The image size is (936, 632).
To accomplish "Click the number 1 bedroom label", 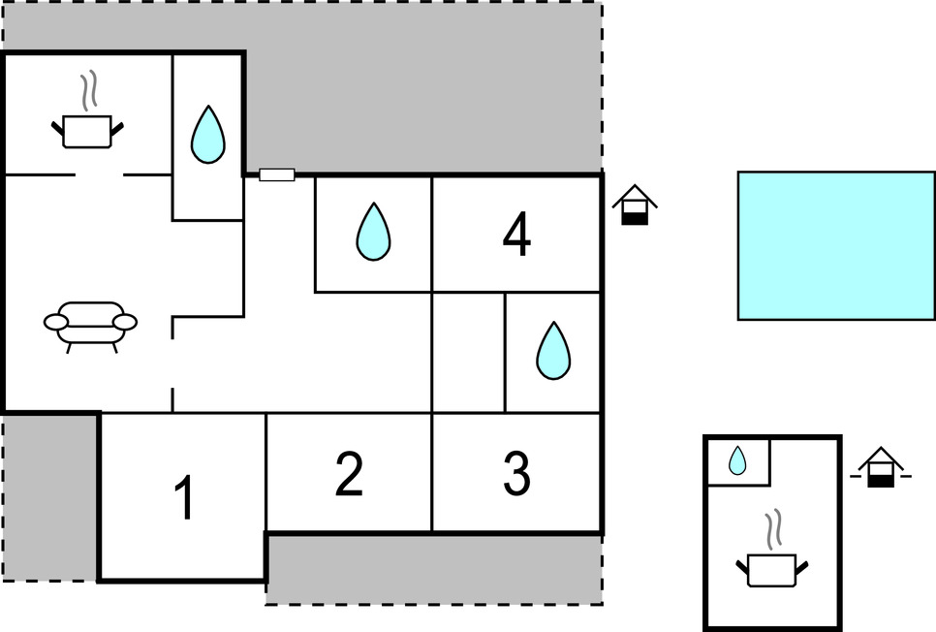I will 183,498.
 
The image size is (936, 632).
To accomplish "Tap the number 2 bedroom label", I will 349,474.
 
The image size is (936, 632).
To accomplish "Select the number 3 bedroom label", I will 516,474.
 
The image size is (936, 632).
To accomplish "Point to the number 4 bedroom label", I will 516,235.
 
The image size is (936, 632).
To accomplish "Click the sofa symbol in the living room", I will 91,325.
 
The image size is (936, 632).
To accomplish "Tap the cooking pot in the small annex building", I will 772,569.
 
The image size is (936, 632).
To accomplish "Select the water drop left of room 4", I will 373,233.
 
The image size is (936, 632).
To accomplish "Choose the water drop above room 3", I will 553,351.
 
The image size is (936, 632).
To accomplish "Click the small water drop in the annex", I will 737,460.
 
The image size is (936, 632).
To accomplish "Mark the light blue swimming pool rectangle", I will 835,245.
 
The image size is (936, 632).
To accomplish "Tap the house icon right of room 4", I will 635,205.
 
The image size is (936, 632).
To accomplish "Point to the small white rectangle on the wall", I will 277,174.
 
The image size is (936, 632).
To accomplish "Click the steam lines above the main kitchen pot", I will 89,90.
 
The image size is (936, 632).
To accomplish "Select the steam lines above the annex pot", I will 772,531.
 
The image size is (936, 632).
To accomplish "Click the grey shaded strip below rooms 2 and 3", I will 433,569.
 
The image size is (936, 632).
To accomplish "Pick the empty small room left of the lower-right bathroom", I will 468,352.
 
